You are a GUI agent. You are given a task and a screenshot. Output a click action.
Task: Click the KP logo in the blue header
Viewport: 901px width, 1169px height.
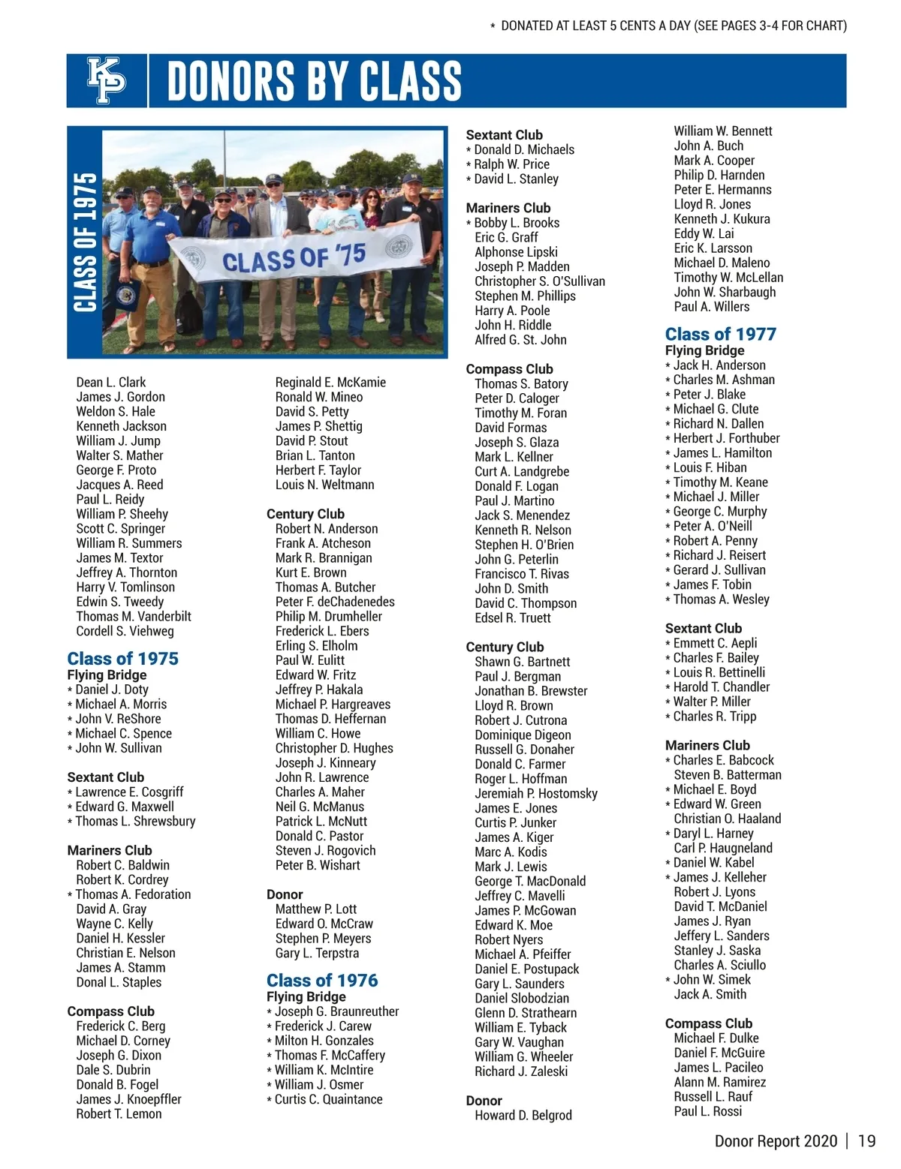(107, 80)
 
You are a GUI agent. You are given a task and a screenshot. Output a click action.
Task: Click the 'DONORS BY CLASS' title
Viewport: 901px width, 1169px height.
(314, 81)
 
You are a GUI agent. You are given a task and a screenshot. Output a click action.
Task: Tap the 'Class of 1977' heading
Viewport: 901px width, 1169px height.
(720, 334)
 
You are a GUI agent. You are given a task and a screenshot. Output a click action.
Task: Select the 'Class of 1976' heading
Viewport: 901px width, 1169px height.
(322, 980)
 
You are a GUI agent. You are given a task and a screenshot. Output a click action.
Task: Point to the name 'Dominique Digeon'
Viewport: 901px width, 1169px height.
(523, 735)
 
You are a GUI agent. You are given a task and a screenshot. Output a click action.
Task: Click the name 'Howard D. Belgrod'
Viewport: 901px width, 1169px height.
(523, 1115)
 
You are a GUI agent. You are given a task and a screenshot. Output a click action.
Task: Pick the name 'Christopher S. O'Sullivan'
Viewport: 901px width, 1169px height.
(539, 281)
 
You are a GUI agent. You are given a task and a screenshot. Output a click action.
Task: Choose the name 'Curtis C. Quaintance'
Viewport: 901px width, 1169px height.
(328, 1099)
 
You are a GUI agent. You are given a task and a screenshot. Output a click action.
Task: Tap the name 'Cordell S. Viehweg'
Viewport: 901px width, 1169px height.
(125, 631)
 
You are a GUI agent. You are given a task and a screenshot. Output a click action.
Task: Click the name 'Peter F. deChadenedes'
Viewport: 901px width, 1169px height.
(334, 602)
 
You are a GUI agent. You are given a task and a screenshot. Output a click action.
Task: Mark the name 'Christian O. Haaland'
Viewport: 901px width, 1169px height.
(727, 819)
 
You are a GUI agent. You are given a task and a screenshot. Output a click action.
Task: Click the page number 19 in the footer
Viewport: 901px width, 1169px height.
(866, 1141)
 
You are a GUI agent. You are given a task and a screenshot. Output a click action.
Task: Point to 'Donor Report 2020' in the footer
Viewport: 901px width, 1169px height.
(776, 1141)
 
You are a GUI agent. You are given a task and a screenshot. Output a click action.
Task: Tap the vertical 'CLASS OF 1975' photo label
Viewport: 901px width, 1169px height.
(85, 242)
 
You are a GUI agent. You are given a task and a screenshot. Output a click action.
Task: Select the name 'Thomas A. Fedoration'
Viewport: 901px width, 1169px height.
(133, 894)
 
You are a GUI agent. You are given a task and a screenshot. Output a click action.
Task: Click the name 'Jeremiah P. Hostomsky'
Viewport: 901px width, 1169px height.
(536, 794)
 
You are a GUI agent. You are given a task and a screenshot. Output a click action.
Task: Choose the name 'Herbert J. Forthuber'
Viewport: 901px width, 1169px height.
(726, 438)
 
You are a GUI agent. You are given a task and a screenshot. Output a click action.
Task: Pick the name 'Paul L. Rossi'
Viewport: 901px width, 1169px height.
(707, 1111)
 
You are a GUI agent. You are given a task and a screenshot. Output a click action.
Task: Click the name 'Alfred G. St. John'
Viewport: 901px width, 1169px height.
(520, 340)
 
